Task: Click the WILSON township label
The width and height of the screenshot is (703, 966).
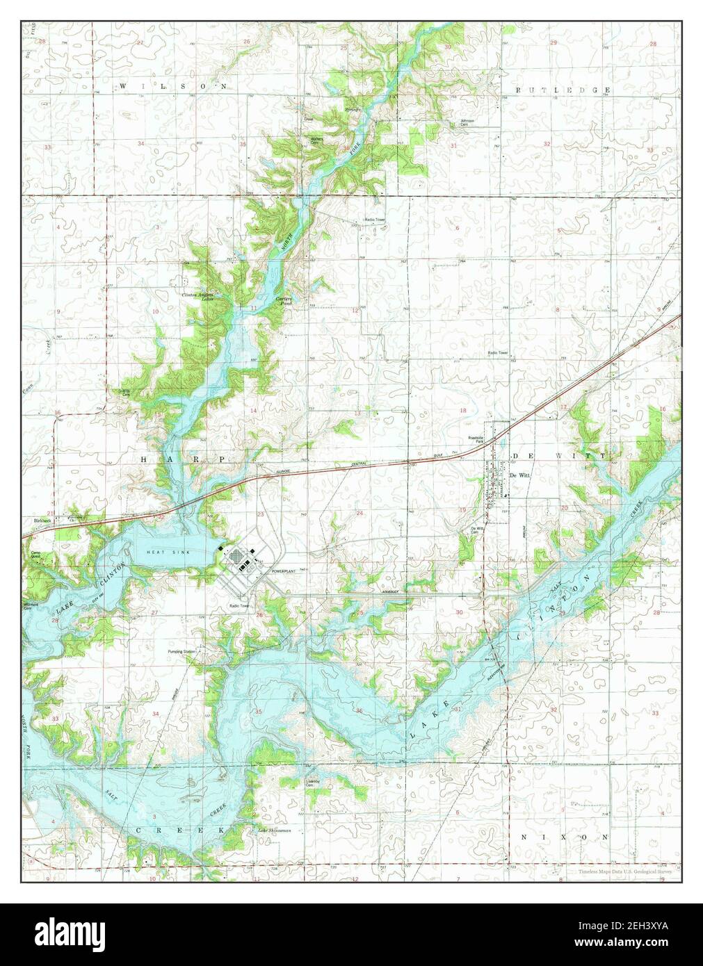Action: tap(173, 86)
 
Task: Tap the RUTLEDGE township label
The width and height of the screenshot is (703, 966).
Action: tap(563, 90)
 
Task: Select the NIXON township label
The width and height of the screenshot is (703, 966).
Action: tap(565, 837)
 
